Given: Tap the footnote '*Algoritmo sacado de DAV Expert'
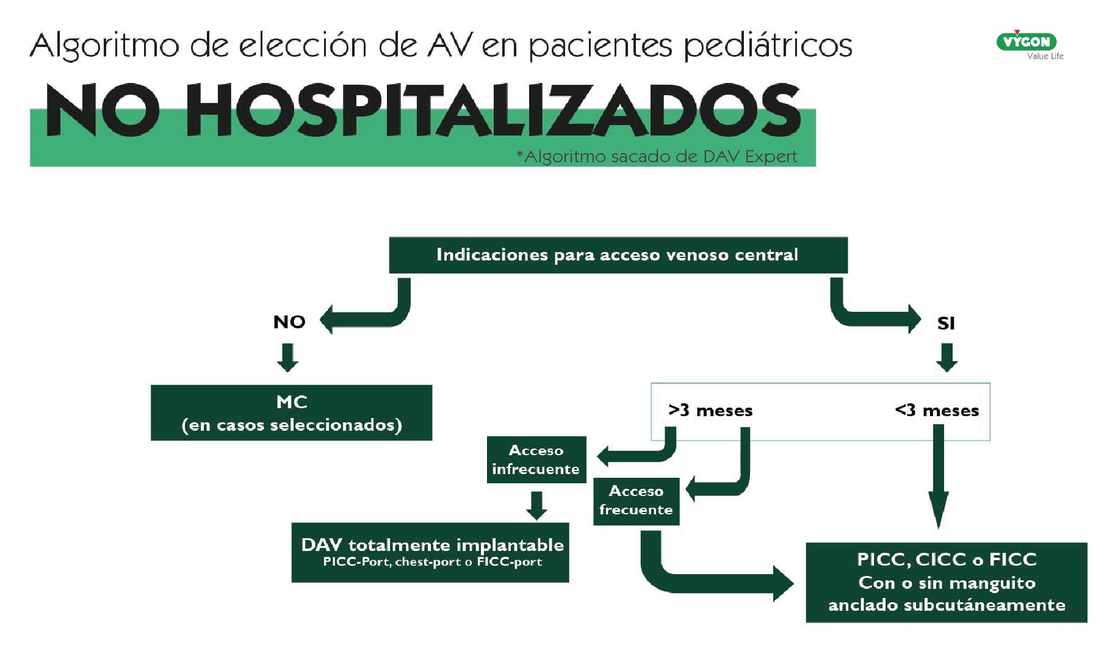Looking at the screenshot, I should (657, 157).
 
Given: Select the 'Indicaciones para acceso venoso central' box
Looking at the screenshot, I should (618, 255).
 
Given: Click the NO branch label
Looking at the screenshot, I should (289, 322).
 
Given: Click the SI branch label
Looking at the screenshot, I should (945, 323).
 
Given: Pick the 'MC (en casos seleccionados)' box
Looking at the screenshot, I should (291, 412).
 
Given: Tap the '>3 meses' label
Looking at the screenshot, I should (710, 410).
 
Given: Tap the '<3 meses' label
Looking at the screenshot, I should (937, 410).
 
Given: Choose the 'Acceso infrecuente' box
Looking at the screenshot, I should (536, 459).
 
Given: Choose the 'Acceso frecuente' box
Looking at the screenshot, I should (636, 500).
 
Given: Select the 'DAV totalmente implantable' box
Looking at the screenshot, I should (430, 552).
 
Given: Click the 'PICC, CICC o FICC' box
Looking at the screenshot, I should (946, 582).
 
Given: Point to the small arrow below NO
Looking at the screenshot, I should (288, 357).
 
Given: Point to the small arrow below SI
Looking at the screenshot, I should (947, 357).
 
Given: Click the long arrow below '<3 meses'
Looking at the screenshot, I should (939, 476).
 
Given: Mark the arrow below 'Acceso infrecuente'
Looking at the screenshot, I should (536, 505).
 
